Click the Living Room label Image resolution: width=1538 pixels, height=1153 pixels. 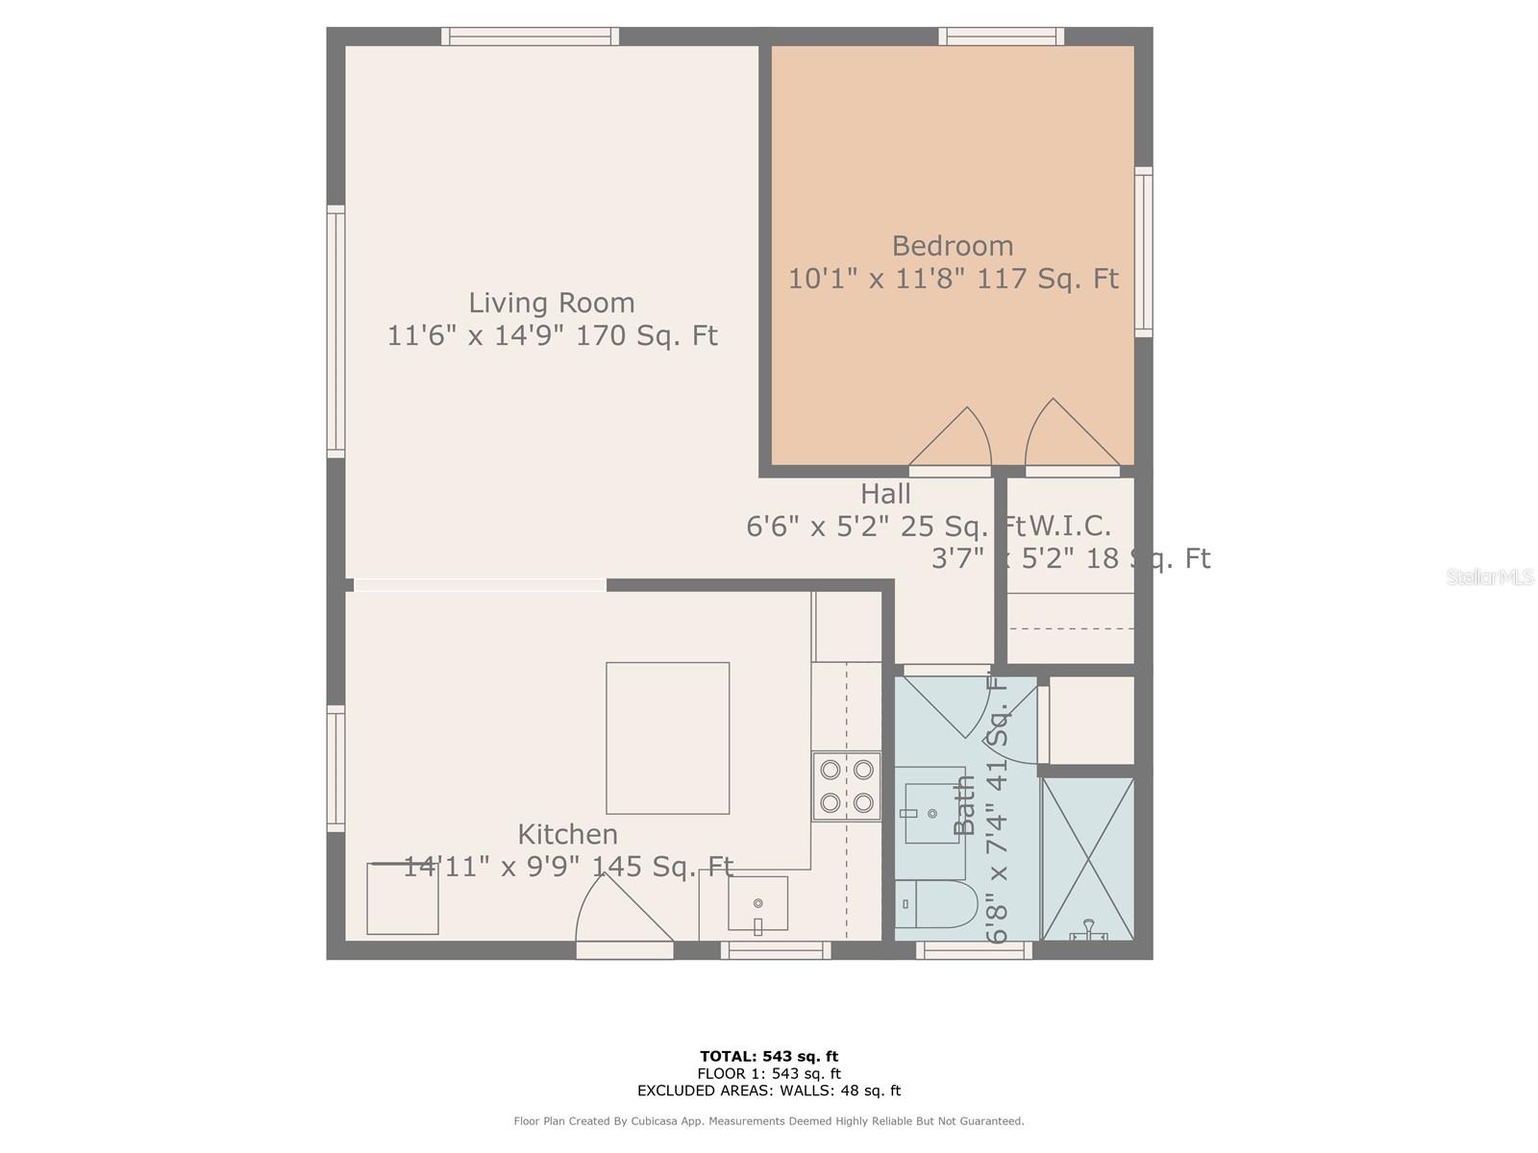pos(551,303)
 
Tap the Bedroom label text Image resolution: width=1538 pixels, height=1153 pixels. pos(952,246)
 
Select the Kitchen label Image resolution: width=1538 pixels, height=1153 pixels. pos(567,834)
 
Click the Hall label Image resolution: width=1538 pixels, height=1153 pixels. pos(884,494)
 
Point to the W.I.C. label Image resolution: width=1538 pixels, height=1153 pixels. pos(1071,527)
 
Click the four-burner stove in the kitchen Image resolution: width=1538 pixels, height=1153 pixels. pos(846,786)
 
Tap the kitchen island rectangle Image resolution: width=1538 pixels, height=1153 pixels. pos(667,738)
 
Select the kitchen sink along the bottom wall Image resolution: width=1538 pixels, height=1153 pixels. pos(757,903)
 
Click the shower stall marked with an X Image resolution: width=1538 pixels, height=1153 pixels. pos(1088,858)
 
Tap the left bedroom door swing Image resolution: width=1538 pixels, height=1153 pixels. pos(954,440)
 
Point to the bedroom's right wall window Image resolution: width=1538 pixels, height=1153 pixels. pos(1143,252)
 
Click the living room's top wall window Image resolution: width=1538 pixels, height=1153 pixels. pos(530,37)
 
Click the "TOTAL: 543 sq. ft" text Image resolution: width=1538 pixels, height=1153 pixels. pos(768,1057)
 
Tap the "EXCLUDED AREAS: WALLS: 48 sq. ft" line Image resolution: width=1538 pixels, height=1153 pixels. pos(768,1091)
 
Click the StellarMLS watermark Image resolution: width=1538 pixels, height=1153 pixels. pos(1490,577)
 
